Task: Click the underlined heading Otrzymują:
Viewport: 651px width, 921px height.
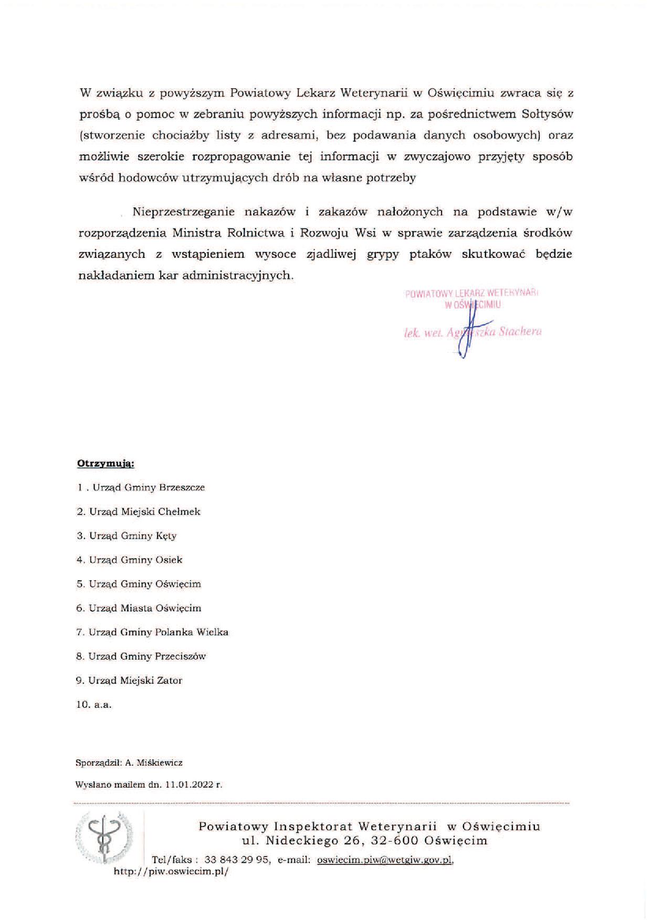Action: [x=106, y=464]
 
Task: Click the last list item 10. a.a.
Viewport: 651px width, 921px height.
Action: [x=94, y=705]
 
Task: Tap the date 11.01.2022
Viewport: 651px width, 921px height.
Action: [x=189, y=785]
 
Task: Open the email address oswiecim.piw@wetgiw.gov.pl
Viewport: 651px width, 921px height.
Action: [x=384, y=860]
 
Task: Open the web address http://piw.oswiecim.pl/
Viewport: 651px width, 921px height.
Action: [x=171, y=871]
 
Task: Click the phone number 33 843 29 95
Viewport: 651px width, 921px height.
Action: [x=237, y=860]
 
